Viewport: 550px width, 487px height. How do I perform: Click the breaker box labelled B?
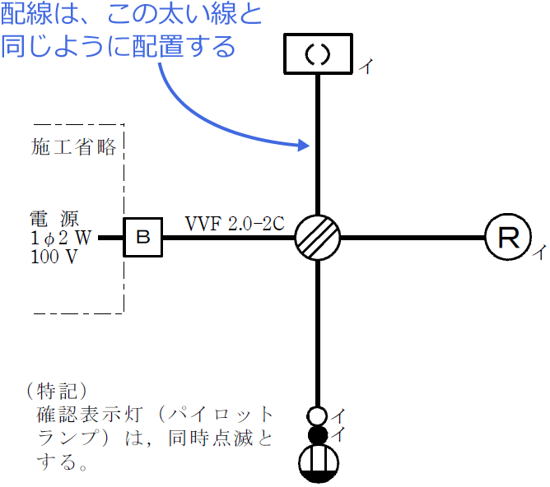click(143, 238)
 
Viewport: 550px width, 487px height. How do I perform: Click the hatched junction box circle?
click(318, 238)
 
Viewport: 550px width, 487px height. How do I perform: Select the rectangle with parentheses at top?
click(318, 54)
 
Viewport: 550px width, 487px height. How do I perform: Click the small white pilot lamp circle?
click(318, 415)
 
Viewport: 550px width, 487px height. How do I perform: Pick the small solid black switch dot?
click(318, 434)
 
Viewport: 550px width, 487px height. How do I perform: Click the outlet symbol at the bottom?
click(318, 463)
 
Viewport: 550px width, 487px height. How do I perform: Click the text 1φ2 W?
click(60, 237)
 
